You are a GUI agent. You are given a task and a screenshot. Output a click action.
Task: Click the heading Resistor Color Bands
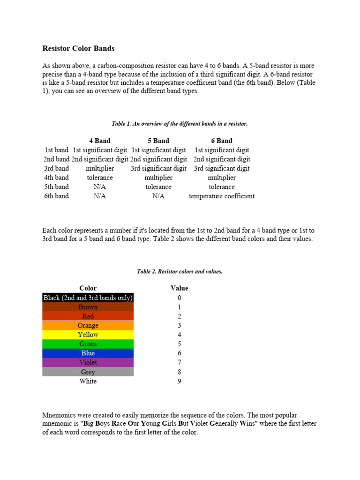click(78, 48)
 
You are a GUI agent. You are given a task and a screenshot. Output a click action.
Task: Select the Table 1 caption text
click(180, 124)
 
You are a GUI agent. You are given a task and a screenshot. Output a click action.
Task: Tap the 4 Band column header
click(100, 141)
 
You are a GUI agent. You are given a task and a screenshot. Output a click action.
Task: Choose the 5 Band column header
click(158, 141)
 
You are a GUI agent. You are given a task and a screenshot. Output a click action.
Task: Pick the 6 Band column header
click(222, 141)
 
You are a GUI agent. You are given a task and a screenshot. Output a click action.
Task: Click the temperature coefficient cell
click(222, 196)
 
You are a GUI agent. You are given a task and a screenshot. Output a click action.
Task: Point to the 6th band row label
click(56, 196)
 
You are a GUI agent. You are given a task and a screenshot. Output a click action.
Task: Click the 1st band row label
click(56, 150)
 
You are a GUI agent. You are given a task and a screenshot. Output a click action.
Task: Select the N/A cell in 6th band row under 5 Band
click(158, 196)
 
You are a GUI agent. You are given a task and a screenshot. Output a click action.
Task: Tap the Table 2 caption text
click(180, 271)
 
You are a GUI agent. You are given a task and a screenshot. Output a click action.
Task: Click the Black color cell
click(88, 298)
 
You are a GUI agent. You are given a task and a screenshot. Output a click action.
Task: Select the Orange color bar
click(88, 325)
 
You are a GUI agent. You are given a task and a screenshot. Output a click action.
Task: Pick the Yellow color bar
click(88, 335)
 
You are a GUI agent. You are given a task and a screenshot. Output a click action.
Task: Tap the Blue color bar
click(88, 353)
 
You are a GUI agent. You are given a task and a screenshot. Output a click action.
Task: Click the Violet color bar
click(88, 362)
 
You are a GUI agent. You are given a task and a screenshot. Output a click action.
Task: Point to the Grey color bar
click(88, 372)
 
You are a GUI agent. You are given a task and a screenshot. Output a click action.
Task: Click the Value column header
click(180, 288)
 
